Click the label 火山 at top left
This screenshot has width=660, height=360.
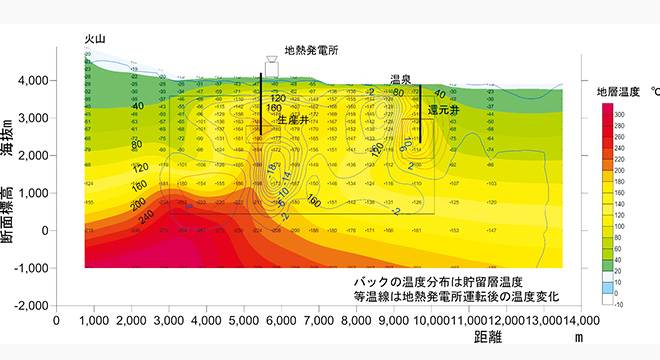[x=95, y=39]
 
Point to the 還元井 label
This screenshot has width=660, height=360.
[x=442, y=108]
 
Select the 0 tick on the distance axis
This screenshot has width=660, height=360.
[x=57, y=320]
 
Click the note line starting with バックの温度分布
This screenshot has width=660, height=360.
[x=445, y=284]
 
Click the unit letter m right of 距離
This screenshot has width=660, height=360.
[x=577, y=339]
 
